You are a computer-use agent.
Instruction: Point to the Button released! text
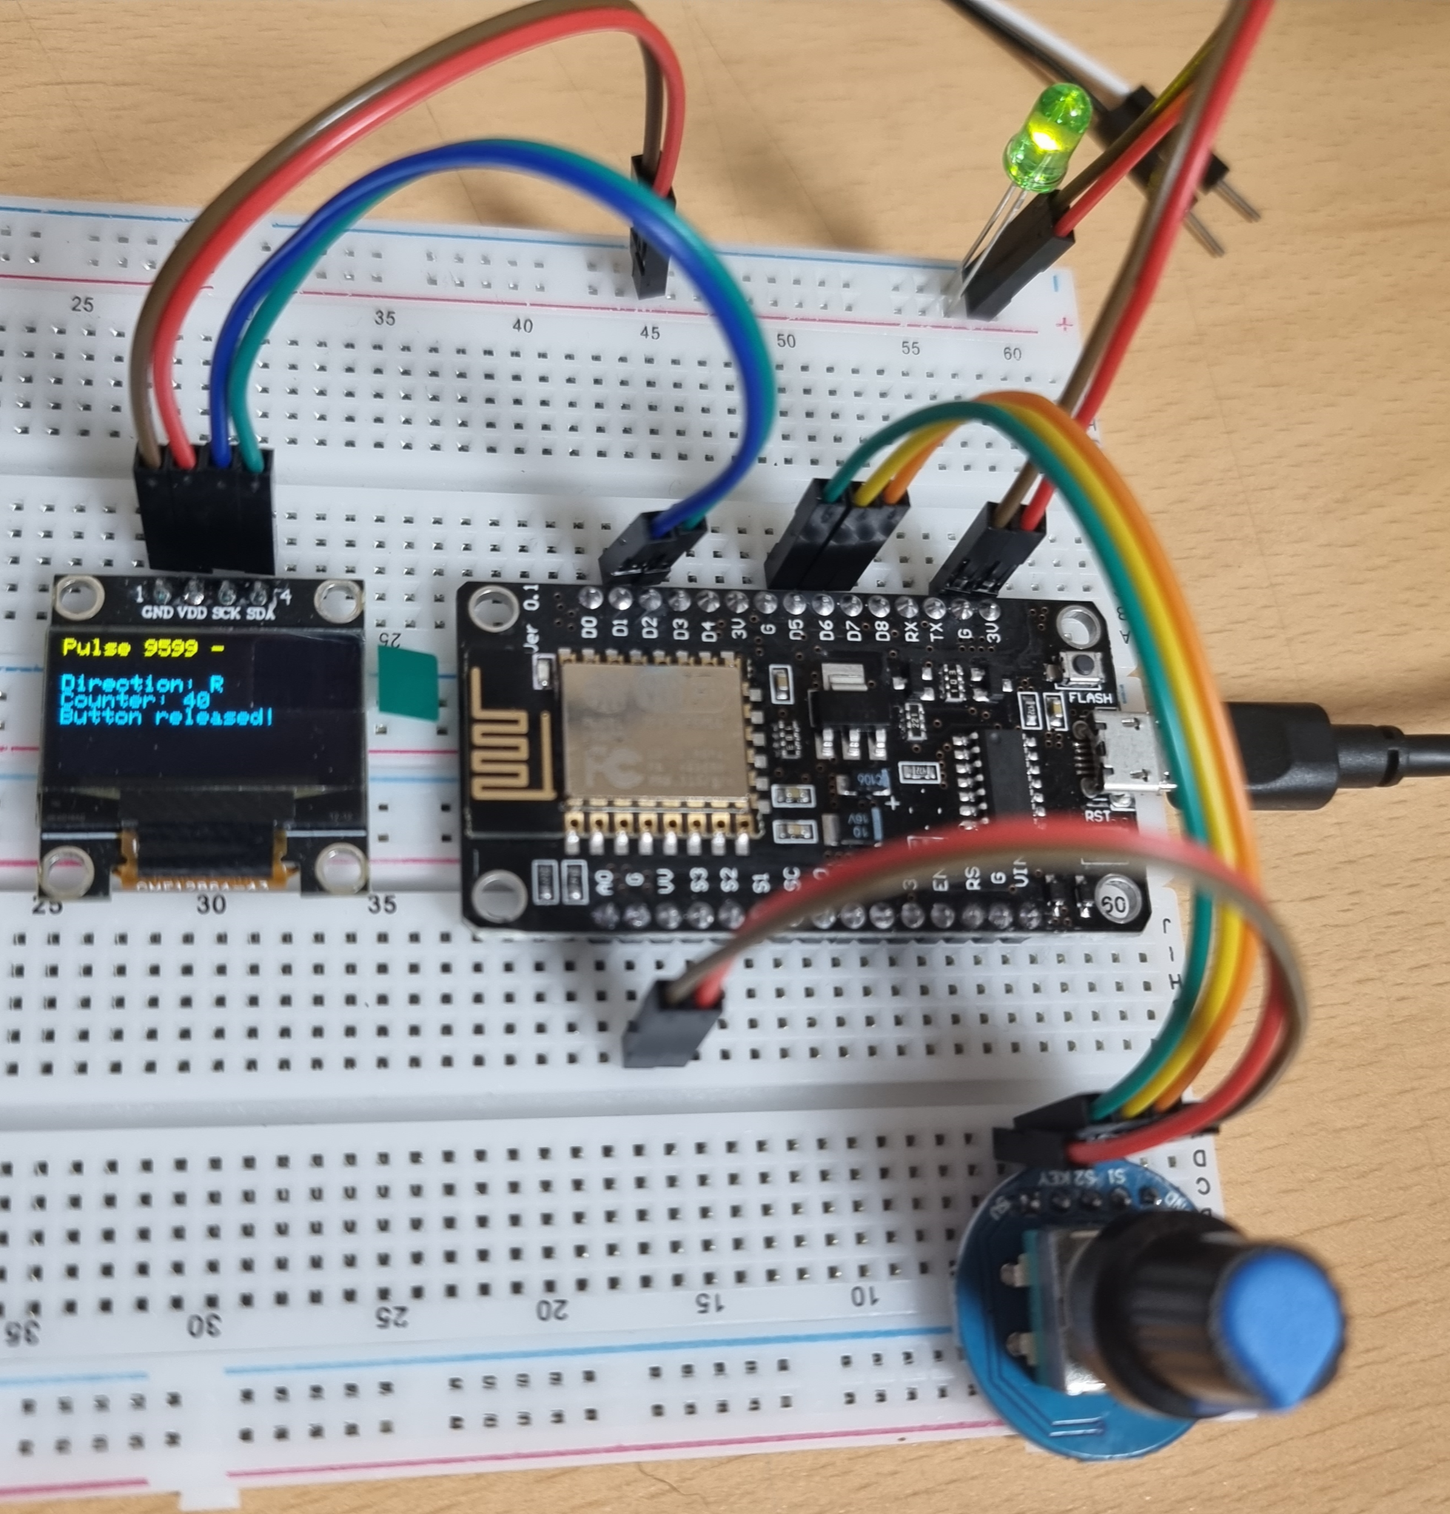tap(166, 717)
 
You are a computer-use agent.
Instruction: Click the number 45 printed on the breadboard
tap(651, 332)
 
